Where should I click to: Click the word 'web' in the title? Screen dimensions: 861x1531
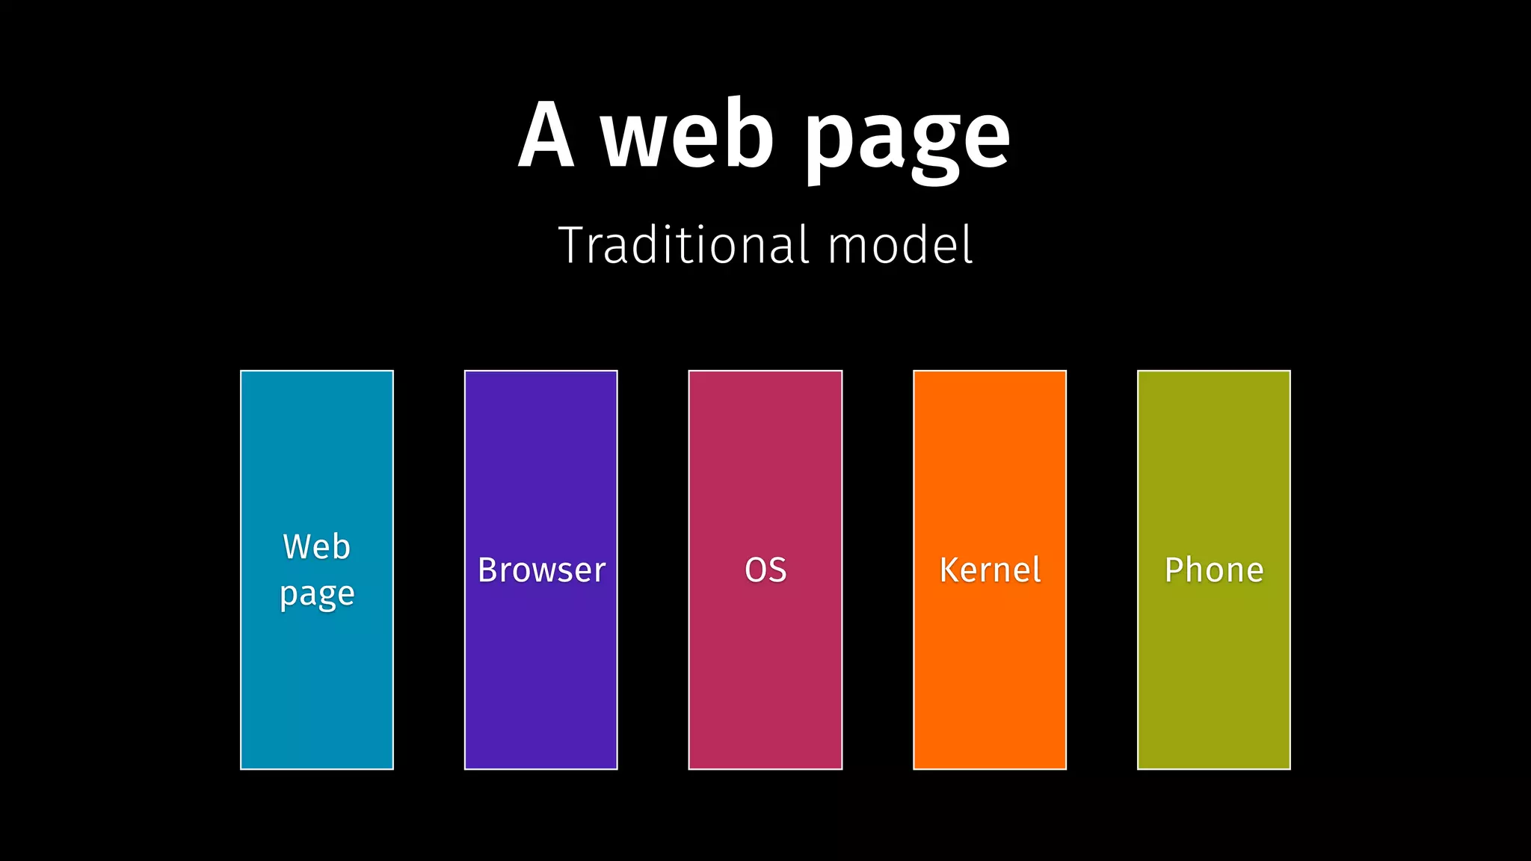click(x=688, y=135)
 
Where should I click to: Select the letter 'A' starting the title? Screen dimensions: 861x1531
click(x=546, y=135)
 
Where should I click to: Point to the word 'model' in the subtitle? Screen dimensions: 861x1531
click(x=901, y=245)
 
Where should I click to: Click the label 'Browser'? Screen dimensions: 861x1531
click(x=541, y=570)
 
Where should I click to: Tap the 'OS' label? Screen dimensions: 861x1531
click(x=765, y=570)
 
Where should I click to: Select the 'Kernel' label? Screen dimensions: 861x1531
click(x=990, y=570)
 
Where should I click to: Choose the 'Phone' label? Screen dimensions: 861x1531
click(x=1214, y=570)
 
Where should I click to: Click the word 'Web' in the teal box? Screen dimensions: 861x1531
click(x=316, y=547)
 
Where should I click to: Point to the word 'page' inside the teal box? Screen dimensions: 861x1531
click(x=317, y=596)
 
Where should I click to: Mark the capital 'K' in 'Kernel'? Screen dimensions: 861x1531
click(x=949, y=570)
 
